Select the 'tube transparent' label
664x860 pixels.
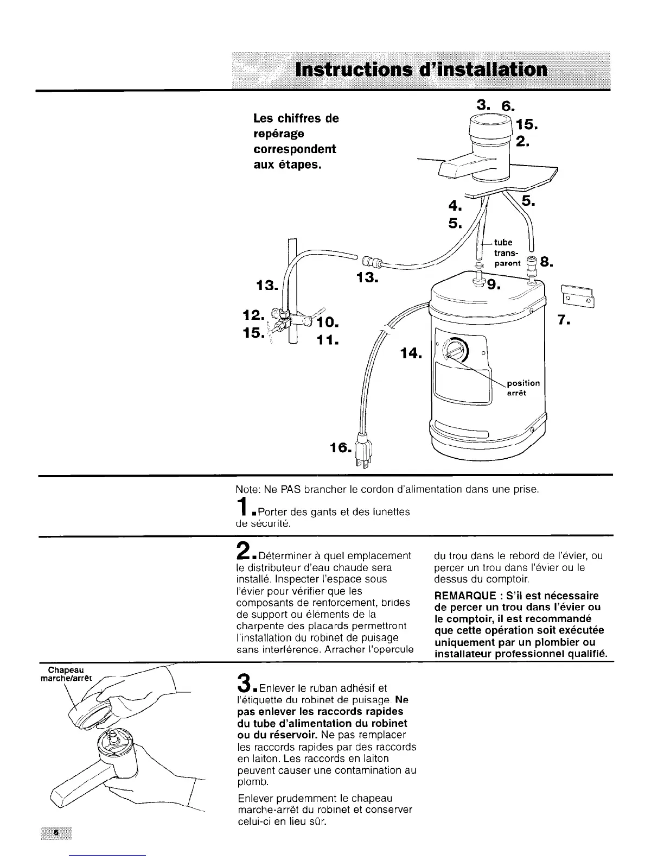(506, 253)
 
